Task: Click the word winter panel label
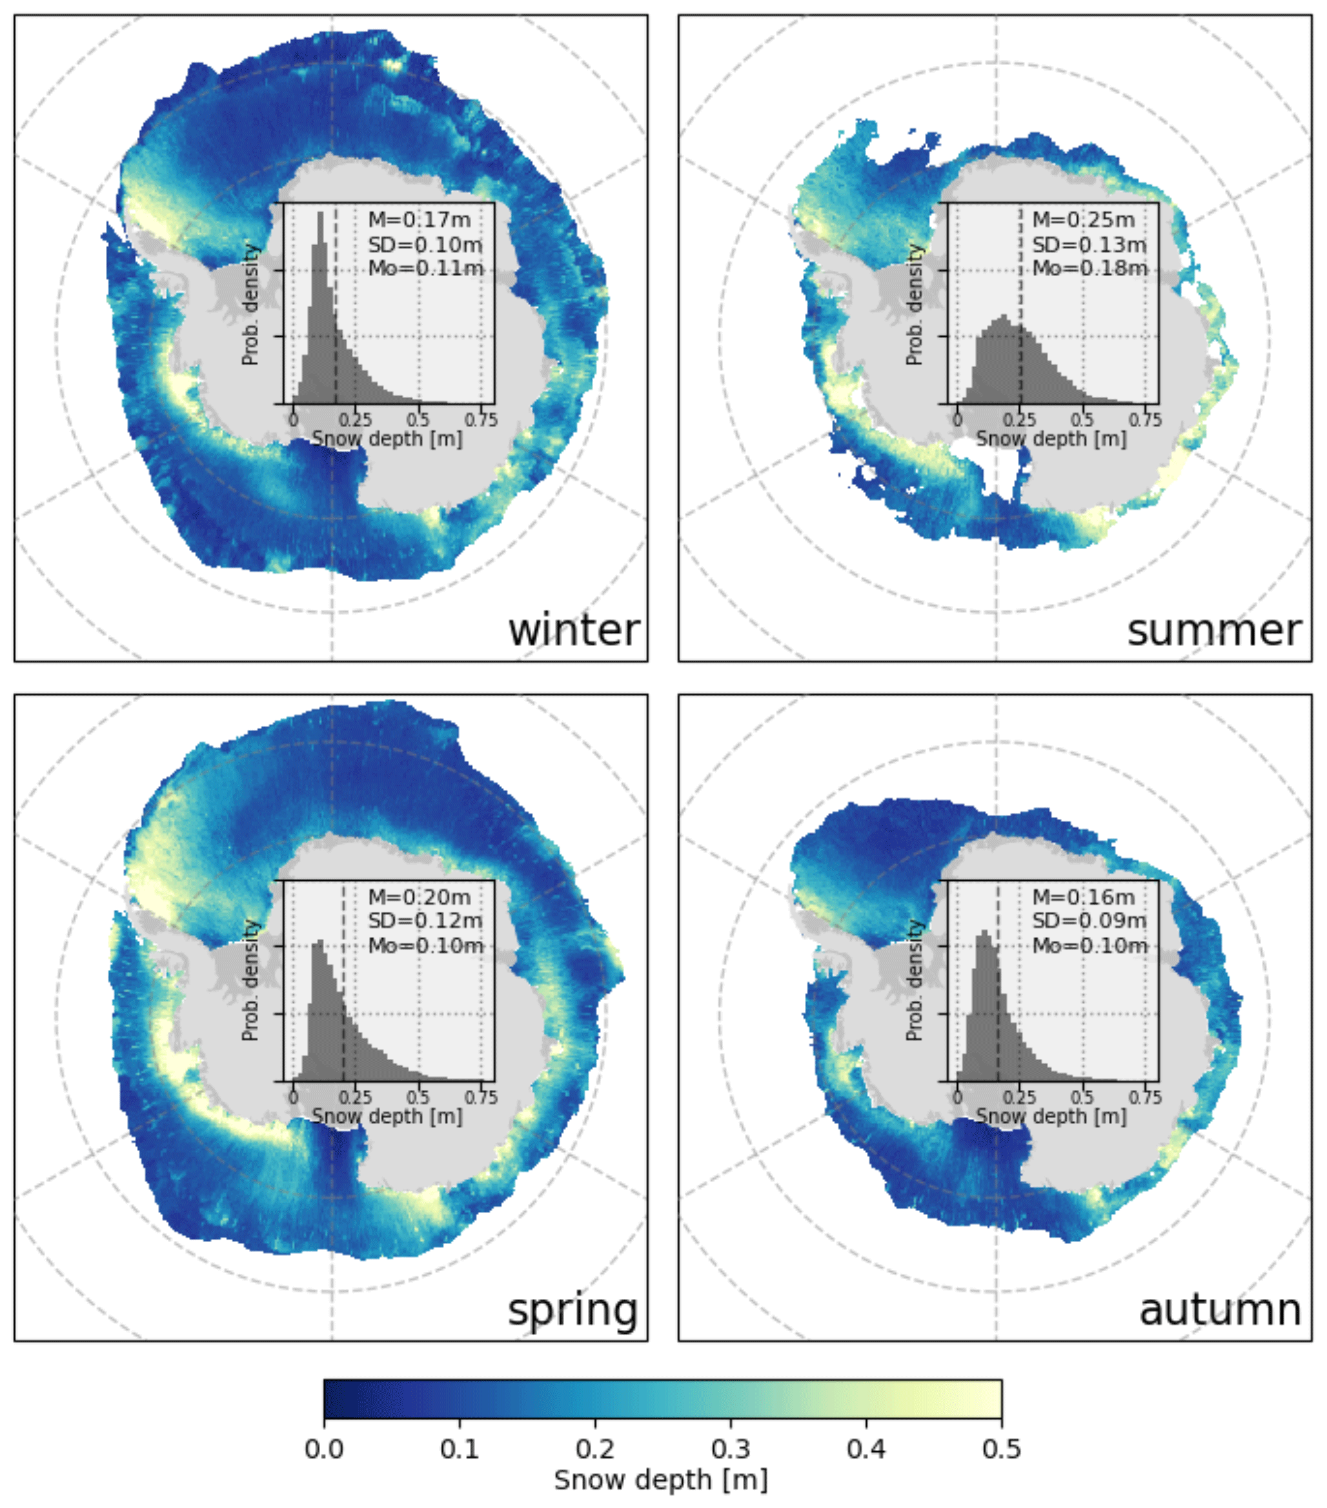pyautogui.click(x=573, y=631)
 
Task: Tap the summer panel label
pyautogui.click(x=1213, y=631)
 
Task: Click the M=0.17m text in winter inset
pyautogui.click(x=420, y=219)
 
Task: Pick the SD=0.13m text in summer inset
pyautogui.click(x=1089, y=244)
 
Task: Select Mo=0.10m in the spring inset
pyautogui.click(x=426, y=945)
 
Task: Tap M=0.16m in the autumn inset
pyautogui.click(x=1084, y=897)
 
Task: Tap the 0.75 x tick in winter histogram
pyautogui.click(x=481, y=420)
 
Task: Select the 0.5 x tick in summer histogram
pyautogui.click(x=1083, y=420)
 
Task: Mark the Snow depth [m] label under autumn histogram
pyautogui.click(x=1051, y=1116)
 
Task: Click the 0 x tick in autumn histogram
pyautogui.click(x=957, y=1097)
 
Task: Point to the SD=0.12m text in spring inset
pyautogui.click(x=425, y=921)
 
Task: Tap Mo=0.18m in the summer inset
pyautogui.click(x=1089, y=268)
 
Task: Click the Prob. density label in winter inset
pyautogui.click(x=251, y=304)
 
